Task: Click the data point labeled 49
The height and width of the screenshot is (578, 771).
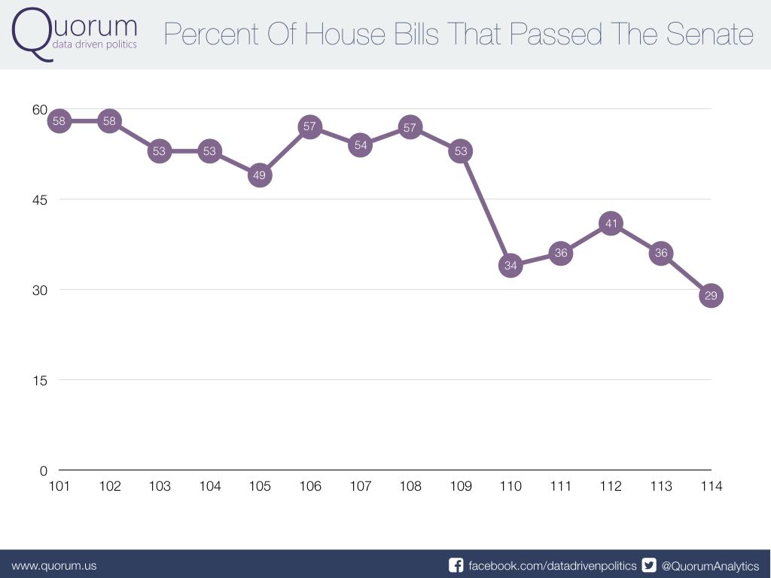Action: pos(260,175)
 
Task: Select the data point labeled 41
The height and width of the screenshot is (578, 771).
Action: pos(611,224)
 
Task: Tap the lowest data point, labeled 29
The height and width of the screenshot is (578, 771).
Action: pos(711,296)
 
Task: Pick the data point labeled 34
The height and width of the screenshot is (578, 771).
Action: pos(510,265)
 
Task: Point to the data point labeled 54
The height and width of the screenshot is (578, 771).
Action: pos(361,145)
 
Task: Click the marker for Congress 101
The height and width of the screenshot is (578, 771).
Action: pos(59,121)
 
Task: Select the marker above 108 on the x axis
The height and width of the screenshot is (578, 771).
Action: pos(410,127)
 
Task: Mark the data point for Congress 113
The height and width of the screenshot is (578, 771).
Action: pos(661,253)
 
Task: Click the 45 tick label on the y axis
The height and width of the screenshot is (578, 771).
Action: pos(39,199)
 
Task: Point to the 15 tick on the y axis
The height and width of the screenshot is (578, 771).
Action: pos(39,380)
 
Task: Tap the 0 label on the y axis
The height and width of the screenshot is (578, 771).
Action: pos(43,470)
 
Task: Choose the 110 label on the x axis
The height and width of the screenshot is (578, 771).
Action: pos(510,486)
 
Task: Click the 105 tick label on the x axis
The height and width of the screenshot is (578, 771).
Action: pos(260,486)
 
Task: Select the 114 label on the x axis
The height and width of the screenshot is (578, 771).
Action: pos(711,486)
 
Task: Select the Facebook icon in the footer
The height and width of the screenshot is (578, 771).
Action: pos(456,565)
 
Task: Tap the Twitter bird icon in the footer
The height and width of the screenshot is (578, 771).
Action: pos(649,565)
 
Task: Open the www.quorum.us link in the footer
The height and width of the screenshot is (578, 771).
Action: pos(53,565)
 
